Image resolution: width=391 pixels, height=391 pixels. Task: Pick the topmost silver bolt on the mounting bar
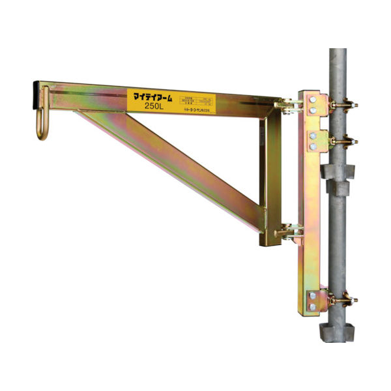314,98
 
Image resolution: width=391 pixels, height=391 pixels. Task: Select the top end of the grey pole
340,52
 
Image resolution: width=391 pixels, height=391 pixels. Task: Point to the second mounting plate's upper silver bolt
314,135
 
